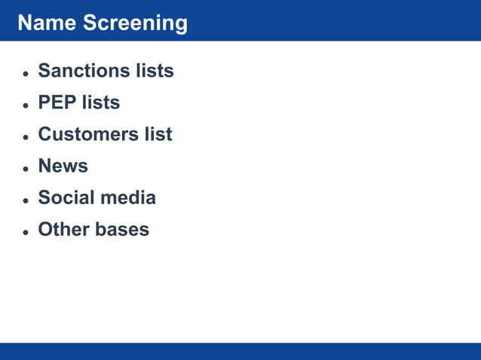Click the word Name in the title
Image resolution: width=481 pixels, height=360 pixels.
click(47, 23)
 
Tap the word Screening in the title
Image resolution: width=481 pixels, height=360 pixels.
click(135, 23)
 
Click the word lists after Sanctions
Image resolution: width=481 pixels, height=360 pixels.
click(155, 71)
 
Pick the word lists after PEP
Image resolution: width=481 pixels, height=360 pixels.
click(101, 102)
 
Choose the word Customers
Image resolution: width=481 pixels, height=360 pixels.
click(88, 134)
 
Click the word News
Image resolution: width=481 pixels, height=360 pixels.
click(63, 166)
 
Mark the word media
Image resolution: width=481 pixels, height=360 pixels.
click(132, 197)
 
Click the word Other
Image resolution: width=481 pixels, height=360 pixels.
click(63, 229)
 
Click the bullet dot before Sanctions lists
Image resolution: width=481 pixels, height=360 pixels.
click(26, 74)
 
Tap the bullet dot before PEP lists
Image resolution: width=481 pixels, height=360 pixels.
click(26, 105)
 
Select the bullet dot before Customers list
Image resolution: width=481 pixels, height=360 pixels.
click(26, 137)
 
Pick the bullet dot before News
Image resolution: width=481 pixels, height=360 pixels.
click(26, 169)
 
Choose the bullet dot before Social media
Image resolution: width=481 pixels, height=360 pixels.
click(26, 200)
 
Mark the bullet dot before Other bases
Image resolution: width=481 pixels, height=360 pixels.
click(26, 232)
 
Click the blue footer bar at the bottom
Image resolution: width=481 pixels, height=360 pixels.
click(240, 351)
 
